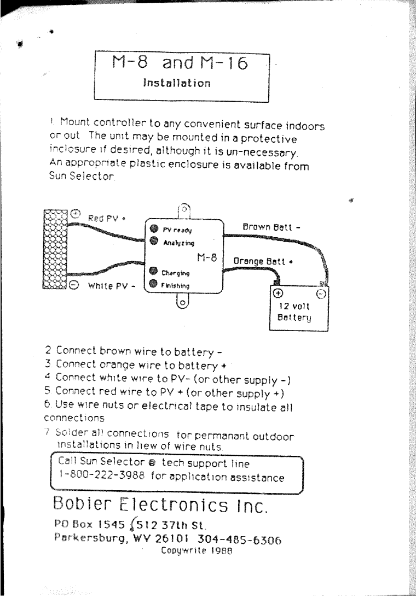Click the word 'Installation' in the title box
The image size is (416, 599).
tap(176, 84)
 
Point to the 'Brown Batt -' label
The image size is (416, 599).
tap(270, 226)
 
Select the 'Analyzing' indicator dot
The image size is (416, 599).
tap(154, 241)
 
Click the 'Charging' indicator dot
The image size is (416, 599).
tap(154, 272)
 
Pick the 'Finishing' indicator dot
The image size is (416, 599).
tap(154, 283)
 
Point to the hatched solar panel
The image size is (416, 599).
tap(54, 248)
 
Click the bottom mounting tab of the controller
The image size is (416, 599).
tap(183, 302)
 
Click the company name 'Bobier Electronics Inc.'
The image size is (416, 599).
tap(160, 504)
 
